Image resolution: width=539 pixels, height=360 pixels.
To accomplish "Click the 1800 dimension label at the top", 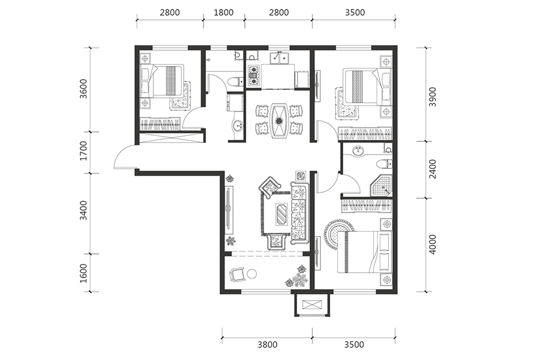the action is (x=223, y=13).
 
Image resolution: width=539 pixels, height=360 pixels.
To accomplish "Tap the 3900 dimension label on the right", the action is (x=433, y=97).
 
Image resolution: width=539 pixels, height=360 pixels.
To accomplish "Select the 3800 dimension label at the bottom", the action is (x=268, y=344).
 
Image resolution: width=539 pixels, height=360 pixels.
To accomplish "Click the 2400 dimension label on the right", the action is (x=433, y=169).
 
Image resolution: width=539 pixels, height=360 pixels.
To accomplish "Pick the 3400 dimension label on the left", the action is (x=83, y=210).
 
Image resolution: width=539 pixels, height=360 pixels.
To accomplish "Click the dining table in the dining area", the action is (x=279, y=120).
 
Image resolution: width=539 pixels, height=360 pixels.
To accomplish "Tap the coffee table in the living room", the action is (x=282, y=214).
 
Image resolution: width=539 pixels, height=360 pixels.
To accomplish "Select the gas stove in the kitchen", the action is (x=254, y=75).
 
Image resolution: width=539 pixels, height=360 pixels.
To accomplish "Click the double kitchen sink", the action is (x=280, y=58).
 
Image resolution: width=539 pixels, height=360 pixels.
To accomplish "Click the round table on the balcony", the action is (x=252, y=274).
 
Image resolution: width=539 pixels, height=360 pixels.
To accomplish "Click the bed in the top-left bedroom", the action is (x=163, y=81).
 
